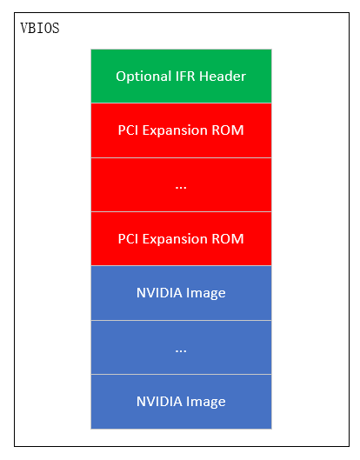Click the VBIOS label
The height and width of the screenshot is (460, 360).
[40, 28]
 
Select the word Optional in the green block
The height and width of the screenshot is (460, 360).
[143, 77]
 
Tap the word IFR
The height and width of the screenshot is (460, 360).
[185, 76]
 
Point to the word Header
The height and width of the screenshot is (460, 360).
[223, 76]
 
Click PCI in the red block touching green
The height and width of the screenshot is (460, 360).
[128, 130]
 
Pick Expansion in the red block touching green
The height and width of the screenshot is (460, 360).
[175, 130]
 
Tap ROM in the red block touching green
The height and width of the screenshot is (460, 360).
[228, 130]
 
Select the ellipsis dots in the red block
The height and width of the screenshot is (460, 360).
[181, 187]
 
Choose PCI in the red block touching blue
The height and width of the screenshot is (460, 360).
[128, 239]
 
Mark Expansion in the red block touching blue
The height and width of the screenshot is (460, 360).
[175, 239]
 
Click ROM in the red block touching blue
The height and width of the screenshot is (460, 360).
[228, 239]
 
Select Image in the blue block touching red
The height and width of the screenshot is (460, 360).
[206, 294]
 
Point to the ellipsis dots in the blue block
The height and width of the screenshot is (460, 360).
[181, 350]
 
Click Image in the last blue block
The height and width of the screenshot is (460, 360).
[206, 403]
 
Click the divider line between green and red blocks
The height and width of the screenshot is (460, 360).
[181, 103]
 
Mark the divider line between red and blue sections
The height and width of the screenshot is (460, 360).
[181, 266]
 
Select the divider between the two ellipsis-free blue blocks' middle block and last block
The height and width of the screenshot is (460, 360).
[181, 374]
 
